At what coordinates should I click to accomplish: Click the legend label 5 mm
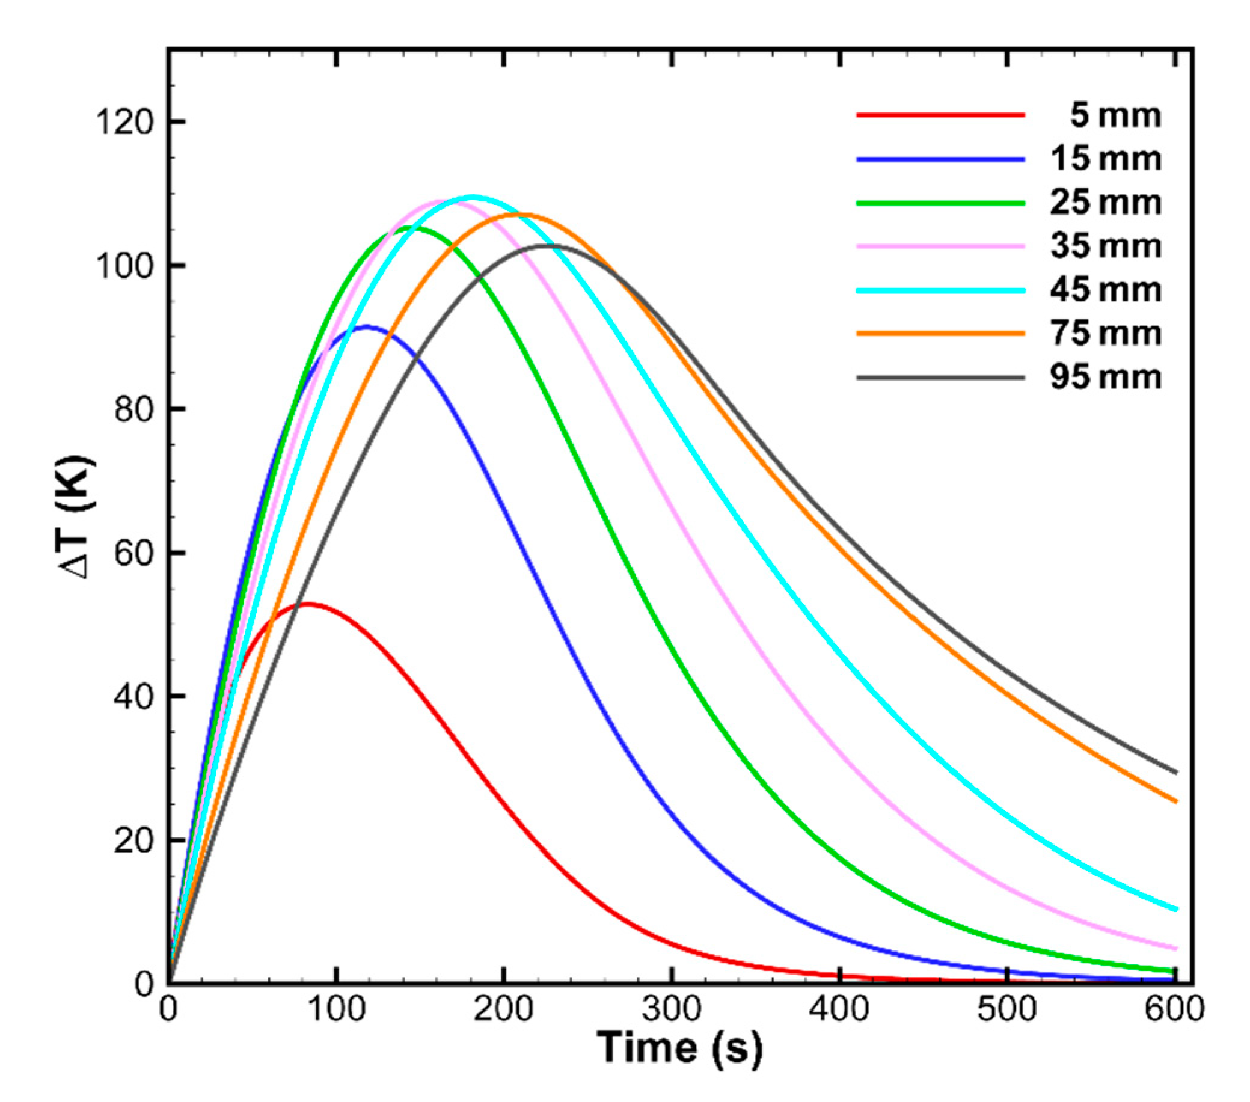(x=1115, y=115)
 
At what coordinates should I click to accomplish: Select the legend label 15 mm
(x=1106, y=159)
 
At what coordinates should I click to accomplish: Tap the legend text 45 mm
(x=1106, y=290)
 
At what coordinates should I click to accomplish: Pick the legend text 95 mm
(x=1106, y=378)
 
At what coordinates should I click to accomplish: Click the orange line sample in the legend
(x=940, y=333)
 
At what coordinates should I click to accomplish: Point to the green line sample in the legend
(x=940, y=203)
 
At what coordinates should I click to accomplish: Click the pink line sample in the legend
(x=940, y=246)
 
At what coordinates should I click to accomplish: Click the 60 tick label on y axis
(x=133, y=554)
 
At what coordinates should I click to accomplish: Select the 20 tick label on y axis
(x=133, y=841)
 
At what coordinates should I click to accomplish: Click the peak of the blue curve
(x=367, y=326)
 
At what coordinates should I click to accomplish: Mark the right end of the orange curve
(x=1176, y=802)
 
